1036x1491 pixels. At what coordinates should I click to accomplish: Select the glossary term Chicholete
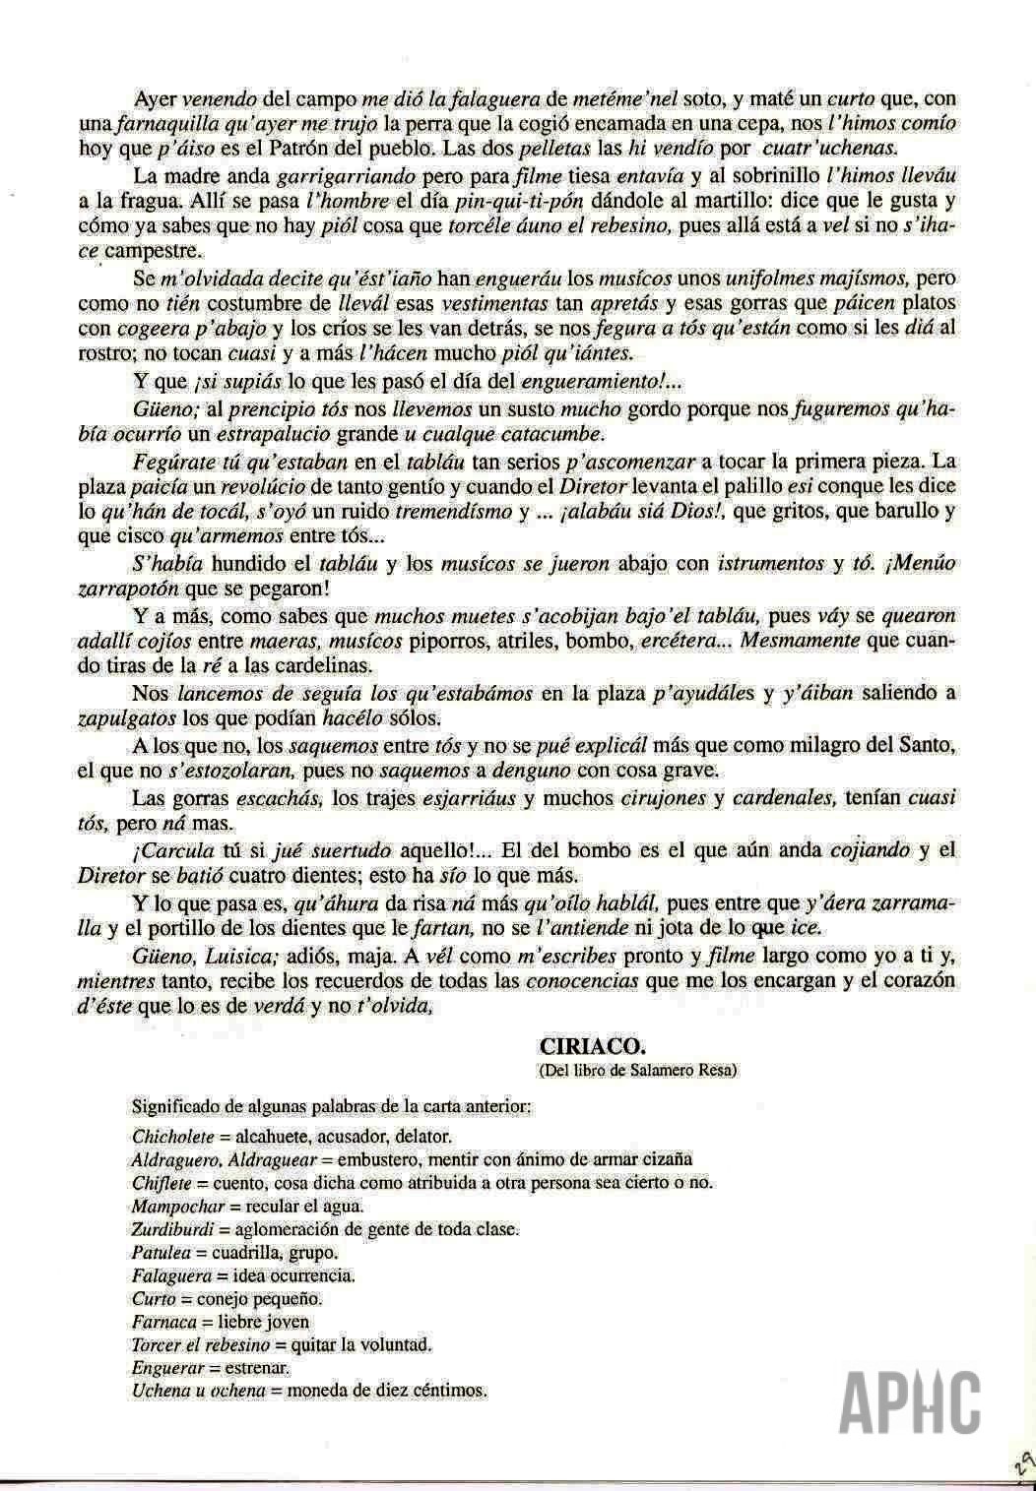tap(172, 1135)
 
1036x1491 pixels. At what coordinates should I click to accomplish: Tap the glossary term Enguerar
tap(167, 1368)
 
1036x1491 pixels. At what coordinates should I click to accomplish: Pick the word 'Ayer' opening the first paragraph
tap(156, 100)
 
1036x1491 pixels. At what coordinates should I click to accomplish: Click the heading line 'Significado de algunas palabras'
tap(332, 1105)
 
